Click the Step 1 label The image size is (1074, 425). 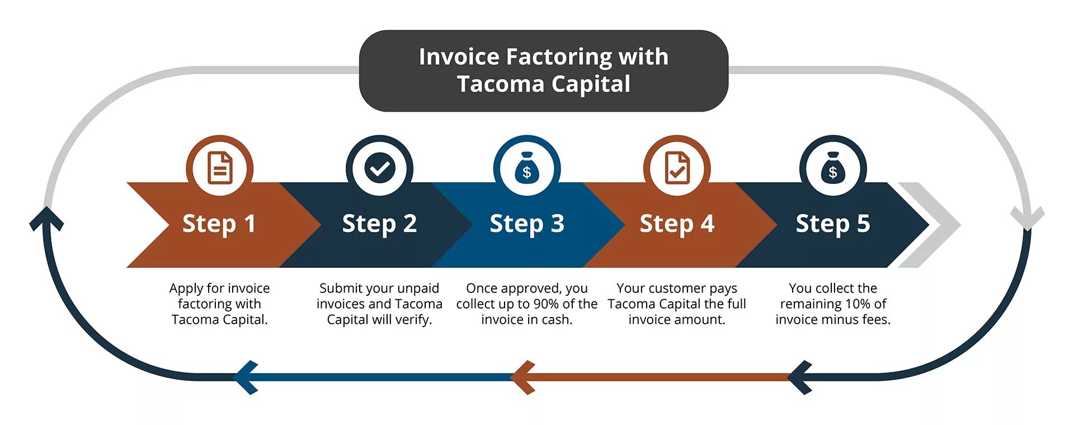(x=219, y=224)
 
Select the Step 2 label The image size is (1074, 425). (x=379, y=224)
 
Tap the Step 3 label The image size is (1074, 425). (x=527, y=224)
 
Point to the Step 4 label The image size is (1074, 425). (x=677, y=224)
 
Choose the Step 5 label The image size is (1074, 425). (x=833, y=224)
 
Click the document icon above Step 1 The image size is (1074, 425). (x=220, y=168)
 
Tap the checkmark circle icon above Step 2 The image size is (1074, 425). (x=380, y=168)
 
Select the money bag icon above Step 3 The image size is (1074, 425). (x=527, y=168)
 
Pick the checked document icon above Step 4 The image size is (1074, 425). (x=677, y=168)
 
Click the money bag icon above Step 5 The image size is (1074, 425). (x=833, y=168)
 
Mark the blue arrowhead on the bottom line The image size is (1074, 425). (x=245, y=377)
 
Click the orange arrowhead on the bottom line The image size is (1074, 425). (x=523, y=377)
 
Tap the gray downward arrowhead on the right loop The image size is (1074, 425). (x=1027, y=219)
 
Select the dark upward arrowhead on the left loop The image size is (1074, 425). (x=46, y=218)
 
